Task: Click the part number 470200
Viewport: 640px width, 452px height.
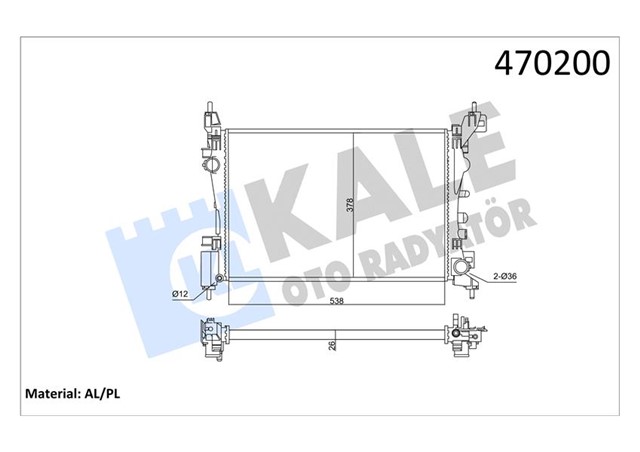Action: [x=552, y=64]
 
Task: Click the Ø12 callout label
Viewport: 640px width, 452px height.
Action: [x=181, y=293]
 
